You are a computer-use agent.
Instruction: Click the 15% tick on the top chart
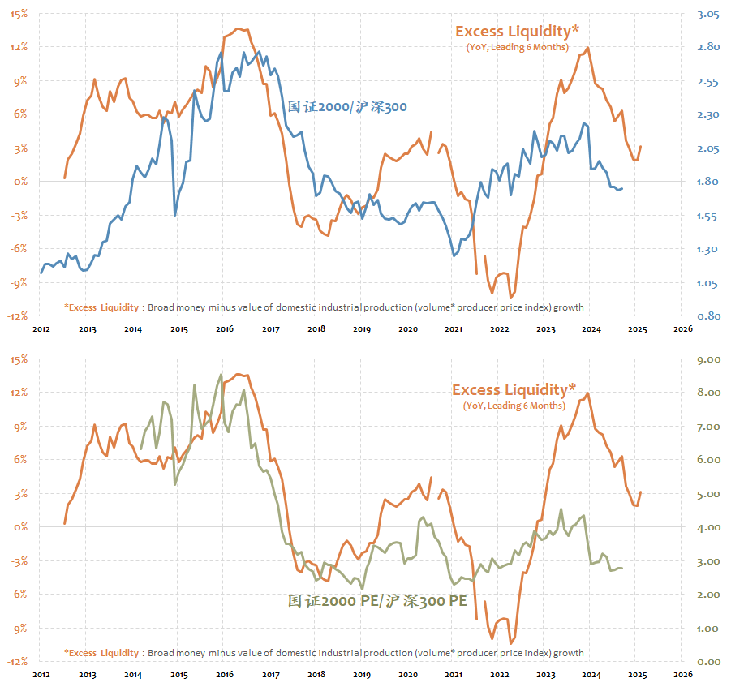[19, 14]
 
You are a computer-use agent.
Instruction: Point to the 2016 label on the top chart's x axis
[225, 329]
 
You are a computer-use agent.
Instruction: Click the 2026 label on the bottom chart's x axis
[682, 673]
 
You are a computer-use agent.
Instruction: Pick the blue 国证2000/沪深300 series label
[347, 107]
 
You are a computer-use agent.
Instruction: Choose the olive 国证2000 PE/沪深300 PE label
[377, 601]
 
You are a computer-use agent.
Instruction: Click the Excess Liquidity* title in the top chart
[517, 32]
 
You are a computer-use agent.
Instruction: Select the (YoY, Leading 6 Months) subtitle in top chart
[517, 48]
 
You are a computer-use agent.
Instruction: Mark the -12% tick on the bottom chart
[17, 662]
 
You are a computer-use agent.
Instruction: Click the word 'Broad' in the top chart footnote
[162, 307]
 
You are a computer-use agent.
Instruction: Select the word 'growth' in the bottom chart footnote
[567, 653]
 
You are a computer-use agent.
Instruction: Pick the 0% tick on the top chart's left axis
[20, 182]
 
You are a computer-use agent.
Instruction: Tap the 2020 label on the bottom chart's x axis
[408, 673]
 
